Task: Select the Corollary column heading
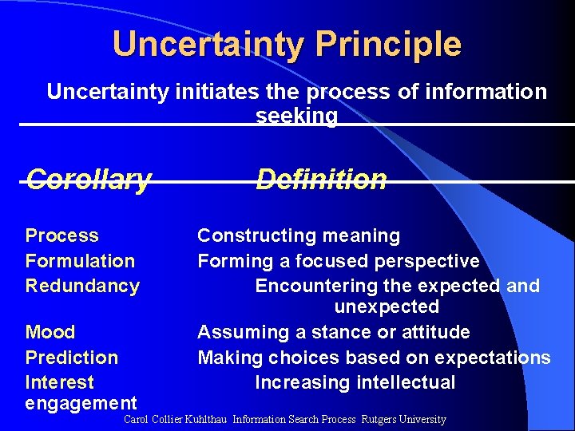(88, 180)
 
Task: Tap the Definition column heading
(321, 180)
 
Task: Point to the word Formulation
(80, 261)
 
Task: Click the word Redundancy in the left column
(82, 286)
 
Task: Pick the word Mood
(50, 332)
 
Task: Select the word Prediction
(71, 358)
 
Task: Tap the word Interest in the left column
(59, 382)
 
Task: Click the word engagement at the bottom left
(81, 403)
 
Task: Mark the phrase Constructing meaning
(299, 236)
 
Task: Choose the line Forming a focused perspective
(338, 261)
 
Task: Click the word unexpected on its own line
(387, 306)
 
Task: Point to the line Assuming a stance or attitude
(333, 332)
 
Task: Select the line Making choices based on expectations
(374, 358)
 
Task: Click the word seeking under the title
(296, 116)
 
